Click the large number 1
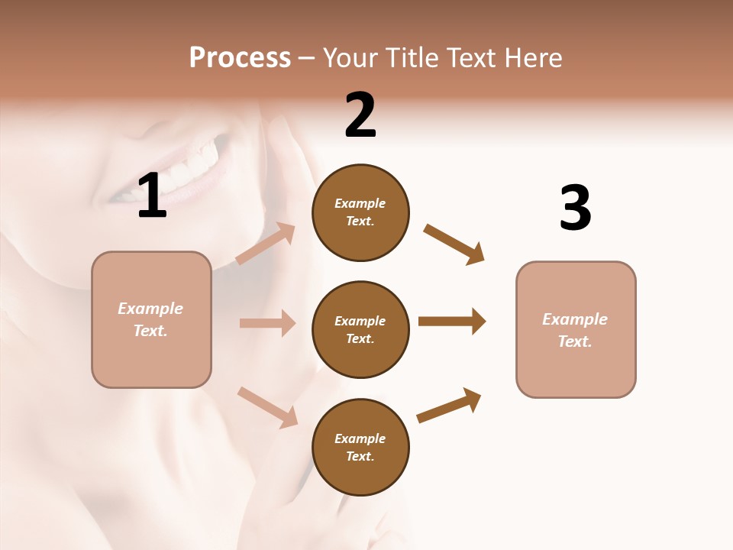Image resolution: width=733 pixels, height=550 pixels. coord(152,196)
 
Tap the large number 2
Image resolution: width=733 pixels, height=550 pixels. coord(360,115)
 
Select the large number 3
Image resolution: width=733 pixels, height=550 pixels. coord(575,209)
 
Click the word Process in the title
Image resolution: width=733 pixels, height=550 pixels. coord(240,58)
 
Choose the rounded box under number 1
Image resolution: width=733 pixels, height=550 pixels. coord(151,319)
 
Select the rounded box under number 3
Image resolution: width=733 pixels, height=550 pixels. coord(576,330)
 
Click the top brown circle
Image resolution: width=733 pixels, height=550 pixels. coord(360,212)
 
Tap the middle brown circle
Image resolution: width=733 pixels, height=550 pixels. coord(360,330)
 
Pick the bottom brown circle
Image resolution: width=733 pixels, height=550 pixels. coord(360,448)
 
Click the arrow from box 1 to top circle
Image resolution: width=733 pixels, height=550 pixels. coord(266,244)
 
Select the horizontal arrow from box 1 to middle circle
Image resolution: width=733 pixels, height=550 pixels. coord(267,323)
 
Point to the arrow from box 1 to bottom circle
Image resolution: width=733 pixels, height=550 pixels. coord(268,407)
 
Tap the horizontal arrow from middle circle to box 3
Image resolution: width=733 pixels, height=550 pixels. coord(452,321)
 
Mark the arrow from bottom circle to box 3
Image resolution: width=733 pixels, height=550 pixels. coord(450,406)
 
